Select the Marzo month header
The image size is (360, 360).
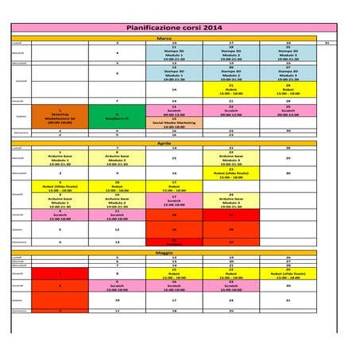164,37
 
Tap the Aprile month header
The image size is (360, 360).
164,142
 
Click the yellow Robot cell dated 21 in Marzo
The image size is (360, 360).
230,90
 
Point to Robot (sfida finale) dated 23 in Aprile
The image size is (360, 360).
230,171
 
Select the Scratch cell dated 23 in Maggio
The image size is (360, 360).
230,285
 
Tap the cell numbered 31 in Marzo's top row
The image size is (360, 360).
327,43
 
